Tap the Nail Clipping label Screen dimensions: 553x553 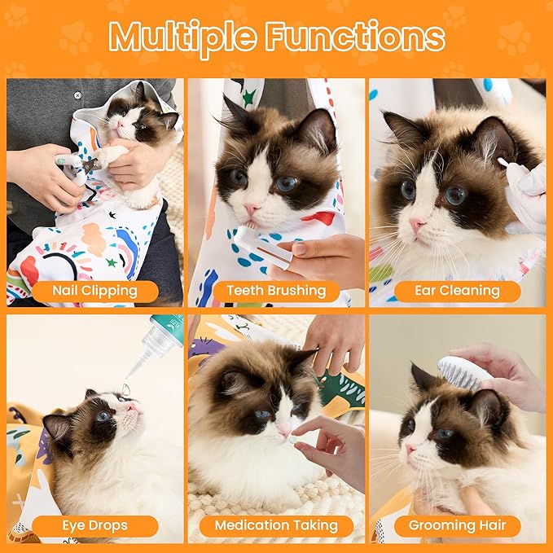tap(96, 290)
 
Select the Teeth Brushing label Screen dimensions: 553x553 tap(276, 290)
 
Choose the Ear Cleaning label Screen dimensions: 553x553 tap(457, 291)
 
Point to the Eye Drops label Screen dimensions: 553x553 tap(96, 525)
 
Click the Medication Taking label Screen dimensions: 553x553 tap(276, 525)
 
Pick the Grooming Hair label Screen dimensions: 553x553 tap(457, 525)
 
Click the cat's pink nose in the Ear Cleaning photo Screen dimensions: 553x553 tap(418, 224)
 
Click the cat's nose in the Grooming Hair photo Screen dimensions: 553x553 tap(410, 449)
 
